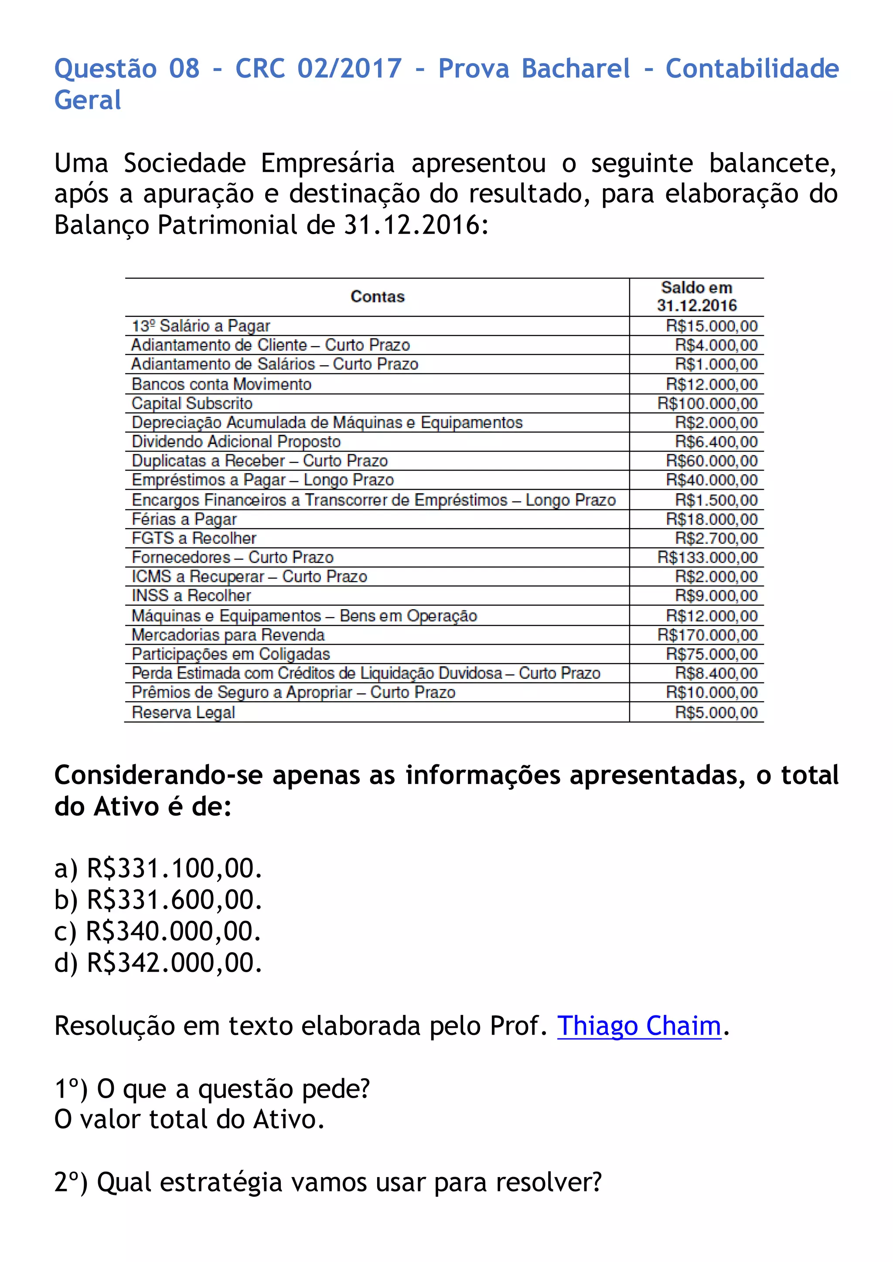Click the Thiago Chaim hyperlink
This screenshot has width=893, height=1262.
[x=638, y=1026]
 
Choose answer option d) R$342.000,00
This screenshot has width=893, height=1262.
[x=158, y=963]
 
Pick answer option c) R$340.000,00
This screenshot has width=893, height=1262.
[x=158, y=932]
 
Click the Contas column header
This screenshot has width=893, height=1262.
[x=377, y=297]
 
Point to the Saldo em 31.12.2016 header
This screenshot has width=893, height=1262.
[x=696, y=297]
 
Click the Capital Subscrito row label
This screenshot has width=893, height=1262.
[x=192, y=404]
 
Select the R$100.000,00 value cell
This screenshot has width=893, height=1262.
[x=707, y=404]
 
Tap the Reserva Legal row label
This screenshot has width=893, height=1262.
[x=183, y=712]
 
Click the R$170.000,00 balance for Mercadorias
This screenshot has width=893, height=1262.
[x=707, y=635]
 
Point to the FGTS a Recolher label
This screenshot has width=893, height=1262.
[x=194, y=538]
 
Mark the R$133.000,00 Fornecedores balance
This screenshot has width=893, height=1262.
[x=707, y=557]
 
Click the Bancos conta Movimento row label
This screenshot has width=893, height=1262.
[x=221, y=384]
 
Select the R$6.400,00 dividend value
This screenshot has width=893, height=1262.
[x=716, y=442]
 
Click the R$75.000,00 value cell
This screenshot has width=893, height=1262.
[x=712, y=654]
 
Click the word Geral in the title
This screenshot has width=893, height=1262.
[x=88, y=100]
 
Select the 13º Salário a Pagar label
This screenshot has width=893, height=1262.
[x=201, y=326]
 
